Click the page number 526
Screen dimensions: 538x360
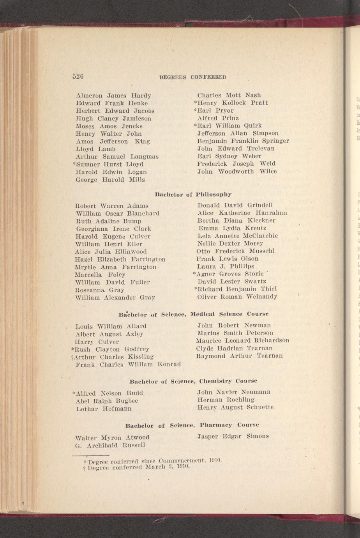tap(78, 76)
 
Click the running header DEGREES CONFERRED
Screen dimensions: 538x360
tap(193, 77)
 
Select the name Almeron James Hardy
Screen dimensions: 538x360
tap(113, 96)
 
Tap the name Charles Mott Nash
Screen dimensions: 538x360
tap(229, 95)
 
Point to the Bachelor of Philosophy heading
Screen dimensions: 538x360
tap(193, 194)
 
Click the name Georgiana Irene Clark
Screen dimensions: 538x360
tap(113, 229)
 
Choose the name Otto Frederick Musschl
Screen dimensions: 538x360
tap(236, 251)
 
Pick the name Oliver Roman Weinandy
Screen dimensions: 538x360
tap(237, 297)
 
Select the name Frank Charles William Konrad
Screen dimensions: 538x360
tap(128, 365)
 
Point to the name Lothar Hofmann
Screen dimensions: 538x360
tap(104, 409)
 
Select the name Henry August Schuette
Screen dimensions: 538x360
tap(235, 407)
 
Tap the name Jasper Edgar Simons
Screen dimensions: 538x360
tap(233, 436)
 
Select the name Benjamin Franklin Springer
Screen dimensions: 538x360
tap(243, 141)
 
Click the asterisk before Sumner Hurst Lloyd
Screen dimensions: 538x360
tap(74, 164)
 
